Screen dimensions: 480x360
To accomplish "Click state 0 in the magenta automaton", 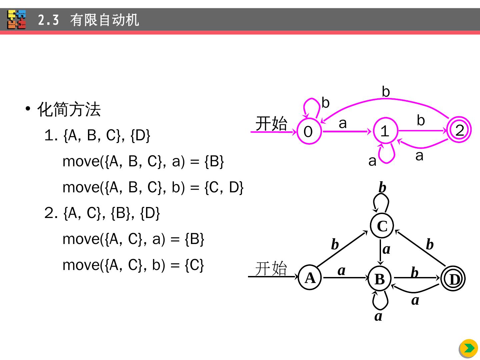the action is pyautogui.click(x=309, y=131).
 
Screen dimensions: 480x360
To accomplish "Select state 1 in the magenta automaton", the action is pyautogui.click(x=385, y=131).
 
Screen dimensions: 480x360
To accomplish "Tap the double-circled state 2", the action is pyautogui.click(x=459, y=130).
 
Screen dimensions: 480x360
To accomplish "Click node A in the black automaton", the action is pyautogui.click(x=310, y=277).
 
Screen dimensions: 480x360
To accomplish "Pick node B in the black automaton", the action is pyautogui.click(x=380, y=279).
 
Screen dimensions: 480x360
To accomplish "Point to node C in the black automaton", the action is pyautogui.click(x=382, y=226).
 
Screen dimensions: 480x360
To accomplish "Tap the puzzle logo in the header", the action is pyautogui.click(x=17, y=19).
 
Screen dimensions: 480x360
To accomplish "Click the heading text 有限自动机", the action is pyautogui.click(x=104, y=20).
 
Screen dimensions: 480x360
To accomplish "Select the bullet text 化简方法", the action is pyautogui.click(x=69, y=109).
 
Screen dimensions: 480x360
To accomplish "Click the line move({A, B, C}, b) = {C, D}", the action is pyautogui.click(x=153, y=187).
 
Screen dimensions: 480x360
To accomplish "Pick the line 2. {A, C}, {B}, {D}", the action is pyautogui.click(x=102, y=213).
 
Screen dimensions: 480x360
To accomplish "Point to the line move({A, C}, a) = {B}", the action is pyautogui.click(x=133, y=239).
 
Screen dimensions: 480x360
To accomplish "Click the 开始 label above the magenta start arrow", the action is pyautogui.click(x=271, y=124).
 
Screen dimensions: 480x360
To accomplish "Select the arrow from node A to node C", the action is pyautogui.click(x=342, y=249).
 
